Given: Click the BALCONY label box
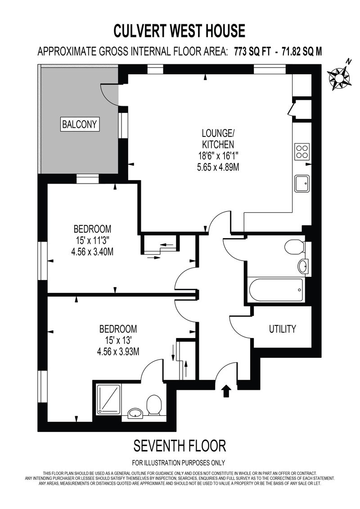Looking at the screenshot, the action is [80, 124].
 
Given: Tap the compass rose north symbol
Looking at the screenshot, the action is [340, 77].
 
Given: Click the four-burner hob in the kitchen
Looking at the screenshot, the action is [302, 151].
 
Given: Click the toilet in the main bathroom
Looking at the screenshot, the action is [294, 248].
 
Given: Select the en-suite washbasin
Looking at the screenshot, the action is [135, 413].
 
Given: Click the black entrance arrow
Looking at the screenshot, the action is [227, 391].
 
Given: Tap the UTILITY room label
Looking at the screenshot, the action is [283, 329].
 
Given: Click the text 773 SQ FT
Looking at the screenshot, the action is [252, 52].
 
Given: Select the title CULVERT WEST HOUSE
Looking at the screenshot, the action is [179, 31].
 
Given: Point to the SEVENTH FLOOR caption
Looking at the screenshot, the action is [180, 446].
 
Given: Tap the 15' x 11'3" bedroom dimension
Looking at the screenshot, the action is [93, 240].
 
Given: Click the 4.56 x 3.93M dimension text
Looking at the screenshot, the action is [118, 351].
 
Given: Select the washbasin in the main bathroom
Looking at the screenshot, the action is [303, 266].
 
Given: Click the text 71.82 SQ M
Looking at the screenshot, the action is [302, 52].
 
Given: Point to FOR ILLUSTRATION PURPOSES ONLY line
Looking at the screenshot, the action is [179, 463].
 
